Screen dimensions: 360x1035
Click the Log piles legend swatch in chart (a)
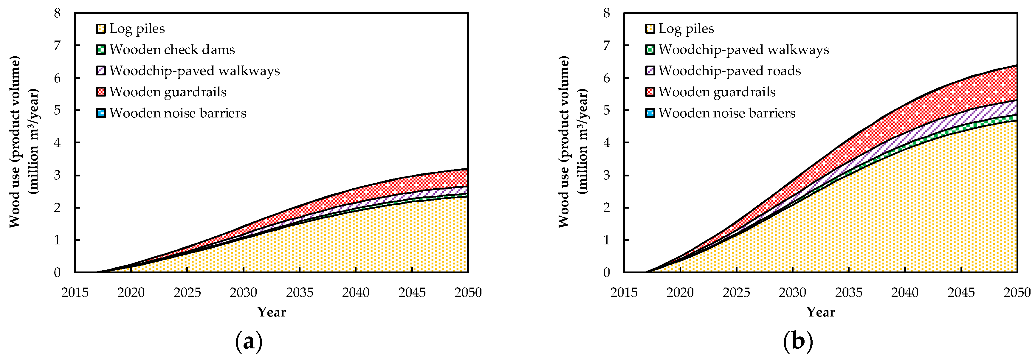pos(101,29)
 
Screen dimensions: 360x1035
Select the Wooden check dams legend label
pos(172,49)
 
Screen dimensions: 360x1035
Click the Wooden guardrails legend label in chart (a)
pos(168,92)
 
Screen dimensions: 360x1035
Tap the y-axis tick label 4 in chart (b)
pos(606,143)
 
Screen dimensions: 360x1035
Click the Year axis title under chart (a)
pos(272,312)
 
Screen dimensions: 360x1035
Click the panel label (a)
pos(249,342)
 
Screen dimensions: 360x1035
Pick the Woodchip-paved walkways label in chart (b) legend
pos(743,49)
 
